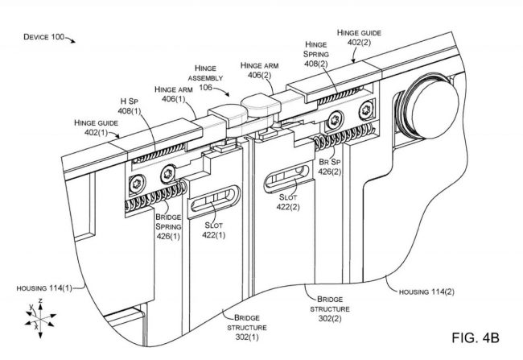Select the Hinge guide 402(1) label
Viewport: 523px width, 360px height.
coord(97,127)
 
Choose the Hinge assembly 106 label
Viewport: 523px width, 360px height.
coord(210,77)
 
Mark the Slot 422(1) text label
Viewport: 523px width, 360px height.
coord(214,230)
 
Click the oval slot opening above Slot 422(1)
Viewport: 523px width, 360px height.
coord(212,202)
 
